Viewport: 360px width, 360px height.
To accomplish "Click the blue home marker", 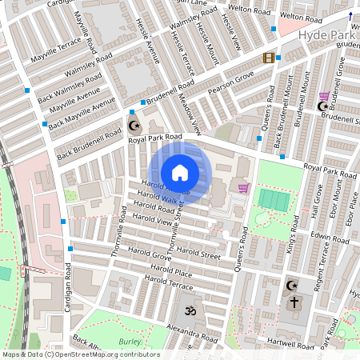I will point(180,172).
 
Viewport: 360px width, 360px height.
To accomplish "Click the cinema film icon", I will point(269,58).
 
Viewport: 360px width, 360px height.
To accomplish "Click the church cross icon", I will point(294,302).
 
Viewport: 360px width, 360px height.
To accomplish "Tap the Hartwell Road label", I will point(292,345).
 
